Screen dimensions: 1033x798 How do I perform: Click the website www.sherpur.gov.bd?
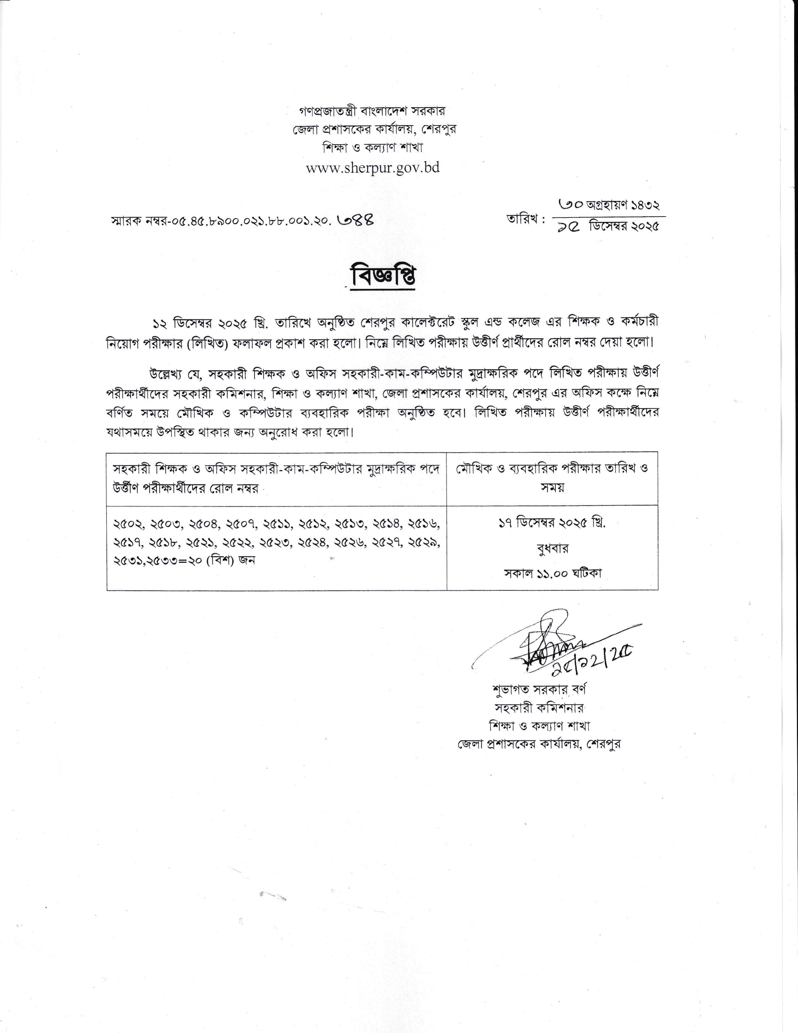point(373,168)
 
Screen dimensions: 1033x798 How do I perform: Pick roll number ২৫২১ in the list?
point(201,543)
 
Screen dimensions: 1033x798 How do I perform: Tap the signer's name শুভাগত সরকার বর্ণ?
point(539,690)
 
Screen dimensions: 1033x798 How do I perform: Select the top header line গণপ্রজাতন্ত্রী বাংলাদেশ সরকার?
point(372,111)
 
